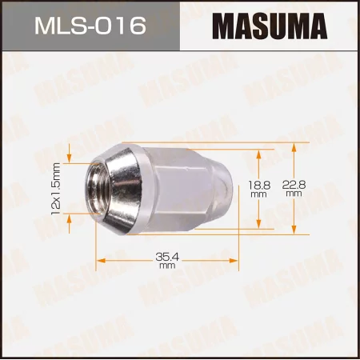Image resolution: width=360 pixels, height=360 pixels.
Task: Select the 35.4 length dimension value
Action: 166,256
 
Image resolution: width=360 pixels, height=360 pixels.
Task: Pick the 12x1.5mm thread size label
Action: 56,188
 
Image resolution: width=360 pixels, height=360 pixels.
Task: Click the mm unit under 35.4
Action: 166,266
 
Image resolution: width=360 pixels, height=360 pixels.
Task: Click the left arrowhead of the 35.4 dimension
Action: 100,260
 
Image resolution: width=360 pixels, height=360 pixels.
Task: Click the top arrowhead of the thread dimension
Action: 70,156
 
